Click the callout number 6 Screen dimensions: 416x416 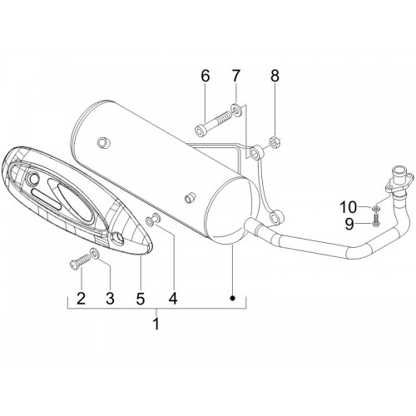click(x=205, y=77)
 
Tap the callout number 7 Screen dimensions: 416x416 click(x=235, y=77)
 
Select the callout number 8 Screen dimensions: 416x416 click(x=275, y=77)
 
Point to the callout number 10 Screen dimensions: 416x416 click(x=349, y=207)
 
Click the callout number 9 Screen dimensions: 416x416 click(x=349, y=224)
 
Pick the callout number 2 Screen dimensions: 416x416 click(x=81, y=299)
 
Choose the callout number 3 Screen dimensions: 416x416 click(x=110, y=299)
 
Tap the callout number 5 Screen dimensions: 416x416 click(x=141, y=299)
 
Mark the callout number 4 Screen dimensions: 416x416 click(x=173, y=299)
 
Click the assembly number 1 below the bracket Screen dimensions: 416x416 click(x=156, y=324)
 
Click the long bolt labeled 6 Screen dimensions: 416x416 click(x=213, y=124)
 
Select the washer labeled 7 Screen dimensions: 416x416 click(x=236, y=109)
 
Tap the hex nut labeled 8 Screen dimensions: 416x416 click(x=275, y=142)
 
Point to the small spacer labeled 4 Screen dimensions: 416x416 click(x=153, y=219)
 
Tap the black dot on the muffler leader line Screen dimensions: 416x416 click(x=232, y=298)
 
